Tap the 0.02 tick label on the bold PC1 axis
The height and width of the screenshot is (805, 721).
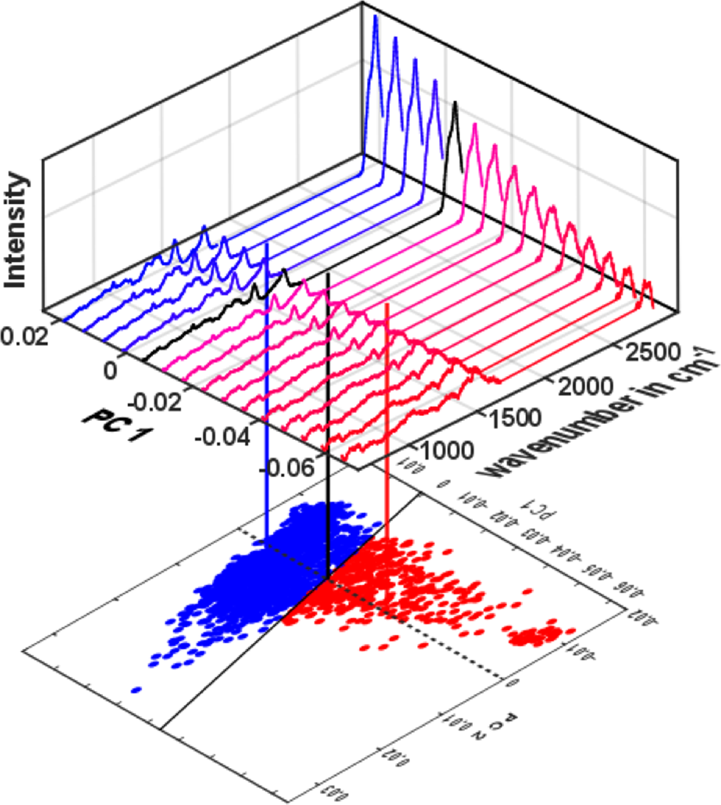(x=24, y=336)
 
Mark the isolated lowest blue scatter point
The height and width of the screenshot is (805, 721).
(x=136, y=688)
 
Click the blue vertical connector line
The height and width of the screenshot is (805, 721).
(x=268, y=392)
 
